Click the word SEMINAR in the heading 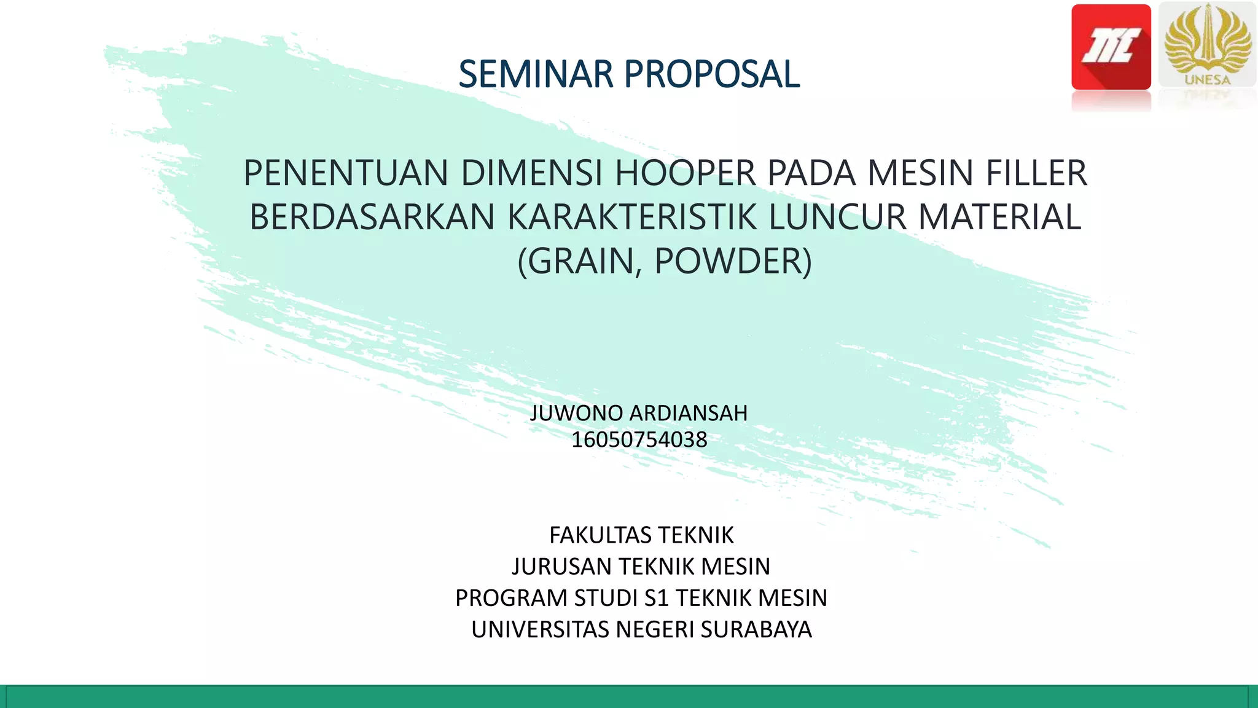click(x=536, y=74)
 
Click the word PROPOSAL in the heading click(x=712, y=74)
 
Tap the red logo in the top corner click(x=1111, y=47)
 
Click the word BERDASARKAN click(x=372, y=218)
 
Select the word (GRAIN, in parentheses click(x=580, y=262)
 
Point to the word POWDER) click(x=733, y=262)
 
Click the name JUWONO click(x=576, y=414)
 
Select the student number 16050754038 click(x=639, y=440)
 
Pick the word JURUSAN click(x=561, y=567)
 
